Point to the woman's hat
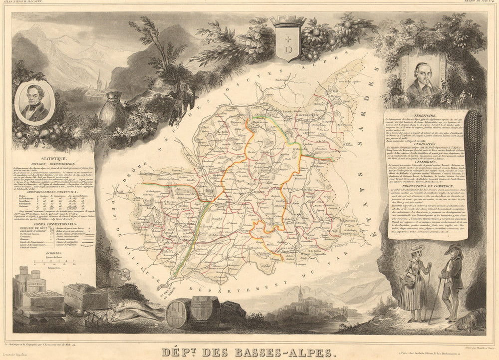pyautogui.click(x=417, y=248)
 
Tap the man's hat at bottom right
pyautogui.click(x=454, y=249)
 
